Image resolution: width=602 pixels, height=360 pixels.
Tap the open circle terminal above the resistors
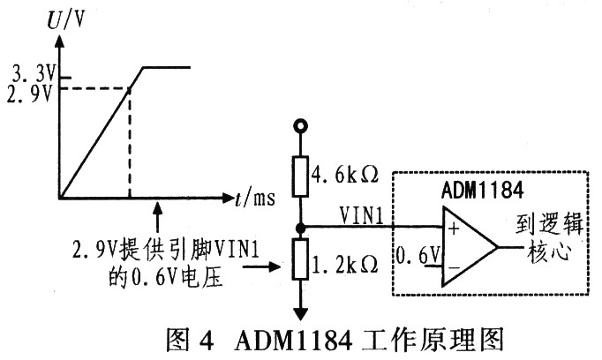pyautogui.click(x=301, y=127)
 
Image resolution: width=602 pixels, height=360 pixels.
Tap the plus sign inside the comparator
pyautogui.click(x=452, y=231)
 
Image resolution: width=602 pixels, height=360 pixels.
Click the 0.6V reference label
pyautogui.click(x=415, y=258)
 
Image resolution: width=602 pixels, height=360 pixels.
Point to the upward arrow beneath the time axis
pyautogui.click(x=157, y=212)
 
